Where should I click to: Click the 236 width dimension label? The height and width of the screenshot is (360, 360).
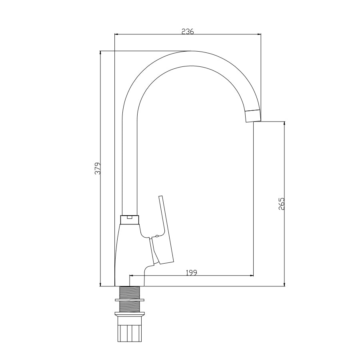pyautogui.click(x=188, y=31)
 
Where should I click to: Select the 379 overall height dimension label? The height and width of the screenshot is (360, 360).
pyautogui.click(x=98, y=168)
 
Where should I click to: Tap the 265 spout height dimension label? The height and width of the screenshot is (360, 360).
pyautogui.click(x=282, y=204)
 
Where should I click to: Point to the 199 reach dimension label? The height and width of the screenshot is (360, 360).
pyautogui.click(x=192, y=272)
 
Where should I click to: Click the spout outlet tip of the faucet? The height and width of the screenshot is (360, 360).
pyautogui.click(x=254, y=116)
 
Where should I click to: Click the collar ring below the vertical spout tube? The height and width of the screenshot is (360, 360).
pyautogui.click(x=130, y=220)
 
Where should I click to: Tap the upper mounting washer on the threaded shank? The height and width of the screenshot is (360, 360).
pyautogui.click(x=130, y=300)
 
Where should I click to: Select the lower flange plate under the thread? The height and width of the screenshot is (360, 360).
pyautogui.click(x=130, y=314)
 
